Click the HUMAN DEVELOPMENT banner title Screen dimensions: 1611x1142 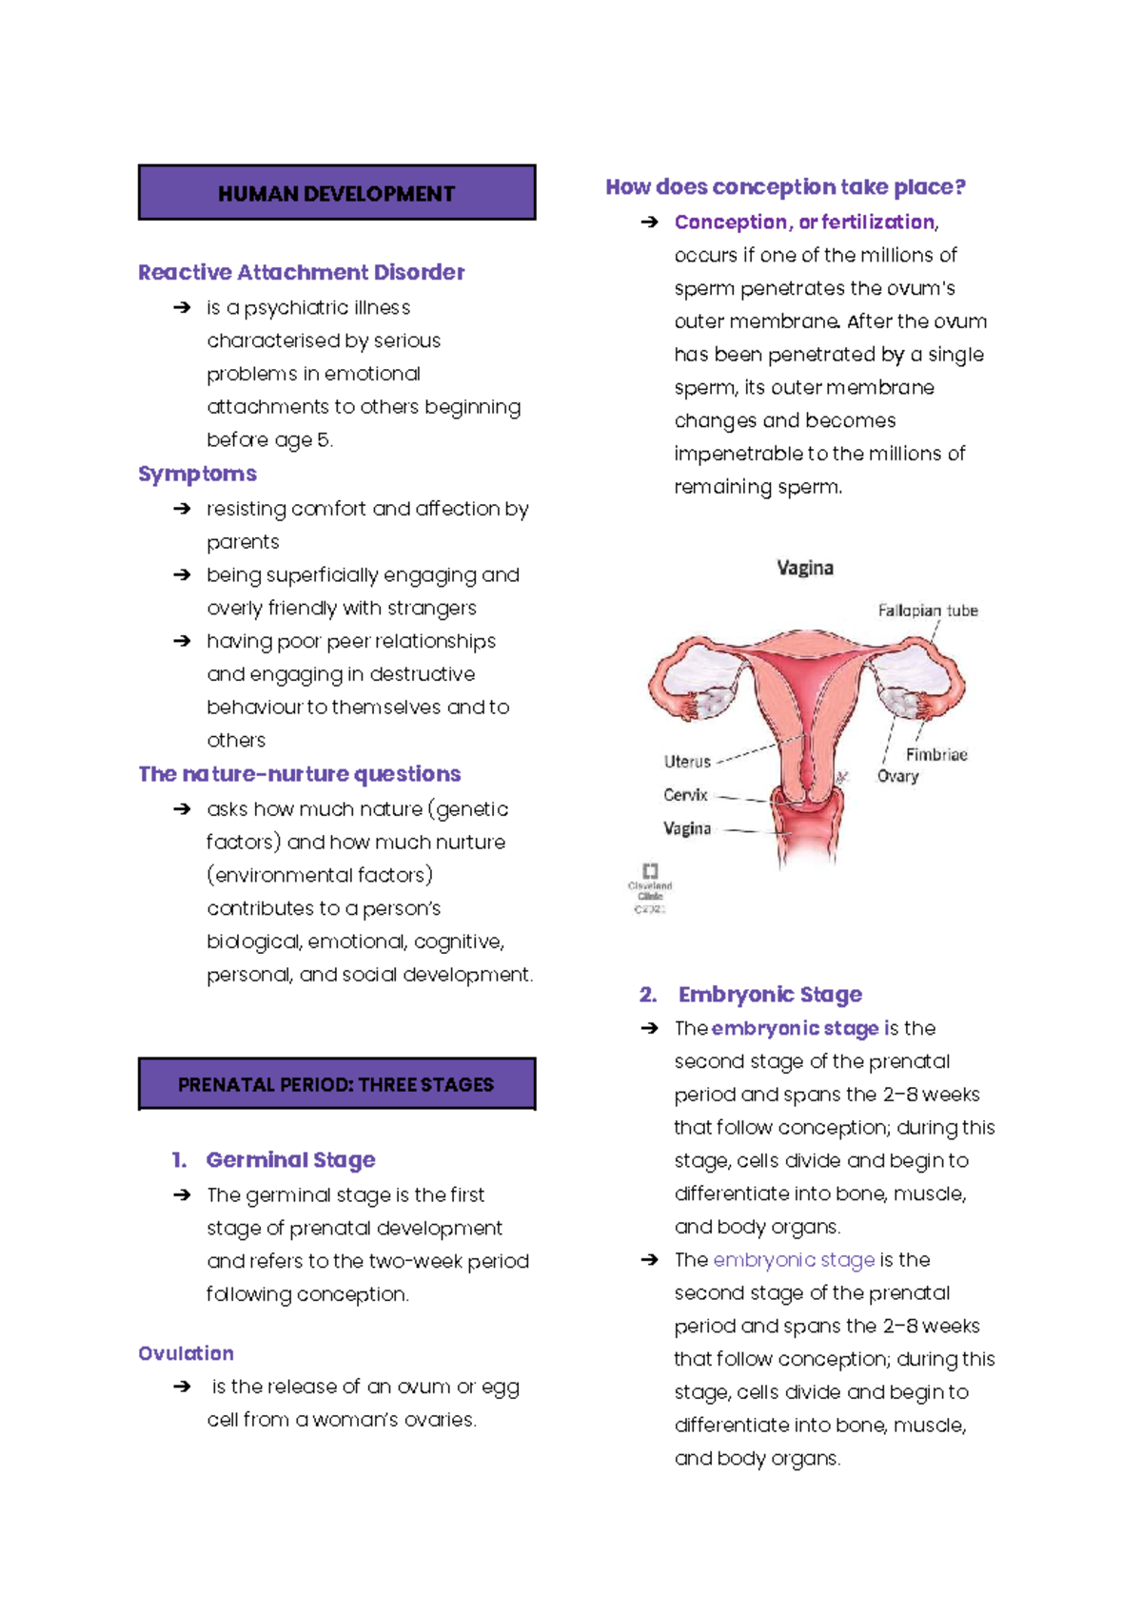(336, 194)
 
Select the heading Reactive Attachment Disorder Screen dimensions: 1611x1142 (301, 273)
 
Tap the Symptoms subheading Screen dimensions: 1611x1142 (197, 474)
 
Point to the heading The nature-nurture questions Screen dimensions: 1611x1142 (299, 774)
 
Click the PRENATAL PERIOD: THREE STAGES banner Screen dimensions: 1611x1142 (336, 1085)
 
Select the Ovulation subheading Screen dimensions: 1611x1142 (186, 1353)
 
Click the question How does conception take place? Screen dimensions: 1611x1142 (785, 187)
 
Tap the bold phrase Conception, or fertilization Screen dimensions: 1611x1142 (804, 223)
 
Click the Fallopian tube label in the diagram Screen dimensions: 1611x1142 (927, 611)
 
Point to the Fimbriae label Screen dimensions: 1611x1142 (935, 755)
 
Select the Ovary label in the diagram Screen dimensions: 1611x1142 (897, 777)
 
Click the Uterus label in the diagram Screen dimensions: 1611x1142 (687, 762)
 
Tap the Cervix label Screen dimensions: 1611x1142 (685, 795)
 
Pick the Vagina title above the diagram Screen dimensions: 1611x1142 (805, 569)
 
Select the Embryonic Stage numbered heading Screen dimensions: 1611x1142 (769, 995)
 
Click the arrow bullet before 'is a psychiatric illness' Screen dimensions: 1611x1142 (182, 308)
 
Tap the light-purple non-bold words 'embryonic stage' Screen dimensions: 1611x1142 (794, 1260)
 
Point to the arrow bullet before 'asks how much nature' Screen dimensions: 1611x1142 (182, 809)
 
